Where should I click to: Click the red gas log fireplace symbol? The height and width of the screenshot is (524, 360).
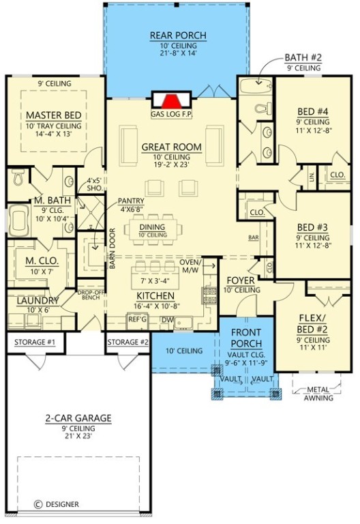171,99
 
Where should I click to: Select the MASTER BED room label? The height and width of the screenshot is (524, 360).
54,115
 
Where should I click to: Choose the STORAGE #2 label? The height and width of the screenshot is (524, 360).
127,341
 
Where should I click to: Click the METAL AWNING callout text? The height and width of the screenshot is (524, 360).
318,394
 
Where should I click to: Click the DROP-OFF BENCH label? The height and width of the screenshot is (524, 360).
89,294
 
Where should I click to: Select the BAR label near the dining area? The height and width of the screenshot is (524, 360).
253,238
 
